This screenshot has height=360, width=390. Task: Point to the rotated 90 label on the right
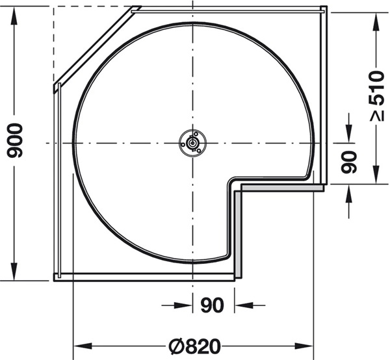point(350,161)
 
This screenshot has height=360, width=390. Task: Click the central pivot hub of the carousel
point(192,142)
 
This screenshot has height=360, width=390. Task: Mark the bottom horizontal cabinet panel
point(143,277)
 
